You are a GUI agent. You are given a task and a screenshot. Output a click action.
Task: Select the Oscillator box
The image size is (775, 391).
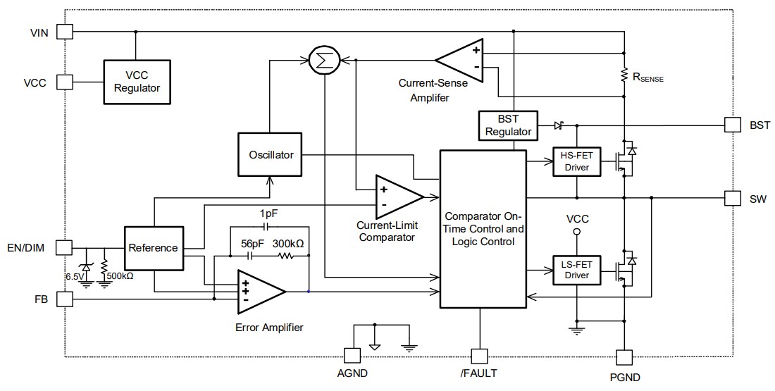(x=271, y=155)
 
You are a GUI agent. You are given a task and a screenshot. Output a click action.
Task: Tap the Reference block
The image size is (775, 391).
(x=153, y=248)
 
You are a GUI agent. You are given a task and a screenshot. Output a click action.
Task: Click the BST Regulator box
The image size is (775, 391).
(x=507, y=125)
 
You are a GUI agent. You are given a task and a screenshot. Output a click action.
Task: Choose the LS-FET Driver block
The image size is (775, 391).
(x=577, y=269)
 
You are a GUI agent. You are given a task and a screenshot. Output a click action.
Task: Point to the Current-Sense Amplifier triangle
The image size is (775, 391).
(x=461, y=60)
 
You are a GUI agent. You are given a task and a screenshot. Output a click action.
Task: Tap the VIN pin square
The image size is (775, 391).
(x=64, y=32)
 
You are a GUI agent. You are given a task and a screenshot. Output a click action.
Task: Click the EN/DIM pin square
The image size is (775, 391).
(x=64, y=247)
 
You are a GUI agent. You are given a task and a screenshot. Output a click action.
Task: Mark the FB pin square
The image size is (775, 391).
(x=64, y=299)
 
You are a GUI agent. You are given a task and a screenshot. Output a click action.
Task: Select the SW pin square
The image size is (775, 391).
(x=733, y=198)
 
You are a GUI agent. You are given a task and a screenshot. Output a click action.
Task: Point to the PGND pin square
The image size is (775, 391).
(x=625, y=357)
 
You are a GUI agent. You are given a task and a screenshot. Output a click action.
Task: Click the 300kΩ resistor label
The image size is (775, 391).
(x=289, y=243)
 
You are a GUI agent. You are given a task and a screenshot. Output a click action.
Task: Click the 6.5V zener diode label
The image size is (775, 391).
(x=74, y=275)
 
